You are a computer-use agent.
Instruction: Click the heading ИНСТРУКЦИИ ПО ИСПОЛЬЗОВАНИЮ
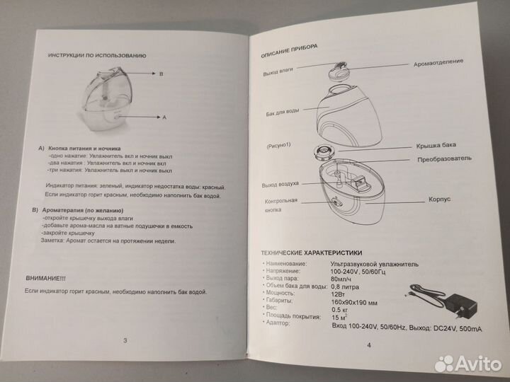coord(96,55)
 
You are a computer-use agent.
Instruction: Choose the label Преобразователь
coord(444,159)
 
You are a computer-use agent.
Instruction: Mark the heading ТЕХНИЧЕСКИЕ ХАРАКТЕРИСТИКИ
coord(312,253)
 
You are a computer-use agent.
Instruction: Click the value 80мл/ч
coord(344,279)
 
